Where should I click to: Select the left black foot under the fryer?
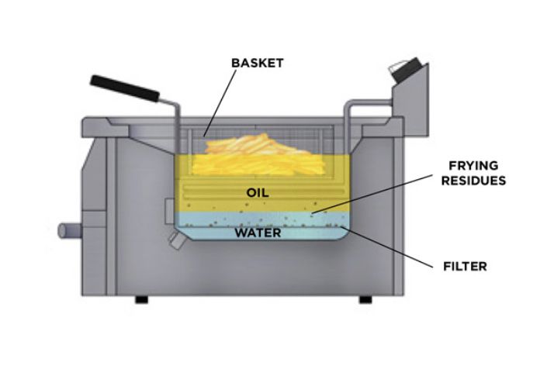coord(141,299)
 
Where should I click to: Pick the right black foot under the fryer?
coord(364,299)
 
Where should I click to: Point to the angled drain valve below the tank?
coord(178,241)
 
